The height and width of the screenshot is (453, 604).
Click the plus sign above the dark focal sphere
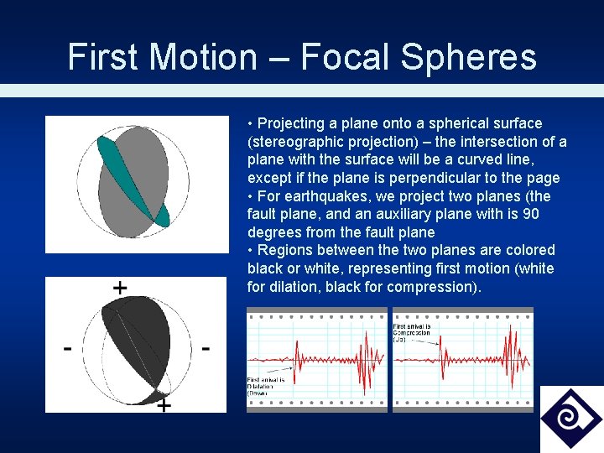tap(120, 288)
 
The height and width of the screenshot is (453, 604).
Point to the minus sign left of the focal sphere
tap(65, 347)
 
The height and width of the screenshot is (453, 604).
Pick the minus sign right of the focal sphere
tap(206, 346)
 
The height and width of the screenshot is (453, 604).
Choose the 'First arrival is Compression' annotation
tap(413, 332)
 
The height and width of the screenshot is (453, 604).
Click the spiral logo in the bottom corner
tap(570, 418)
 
